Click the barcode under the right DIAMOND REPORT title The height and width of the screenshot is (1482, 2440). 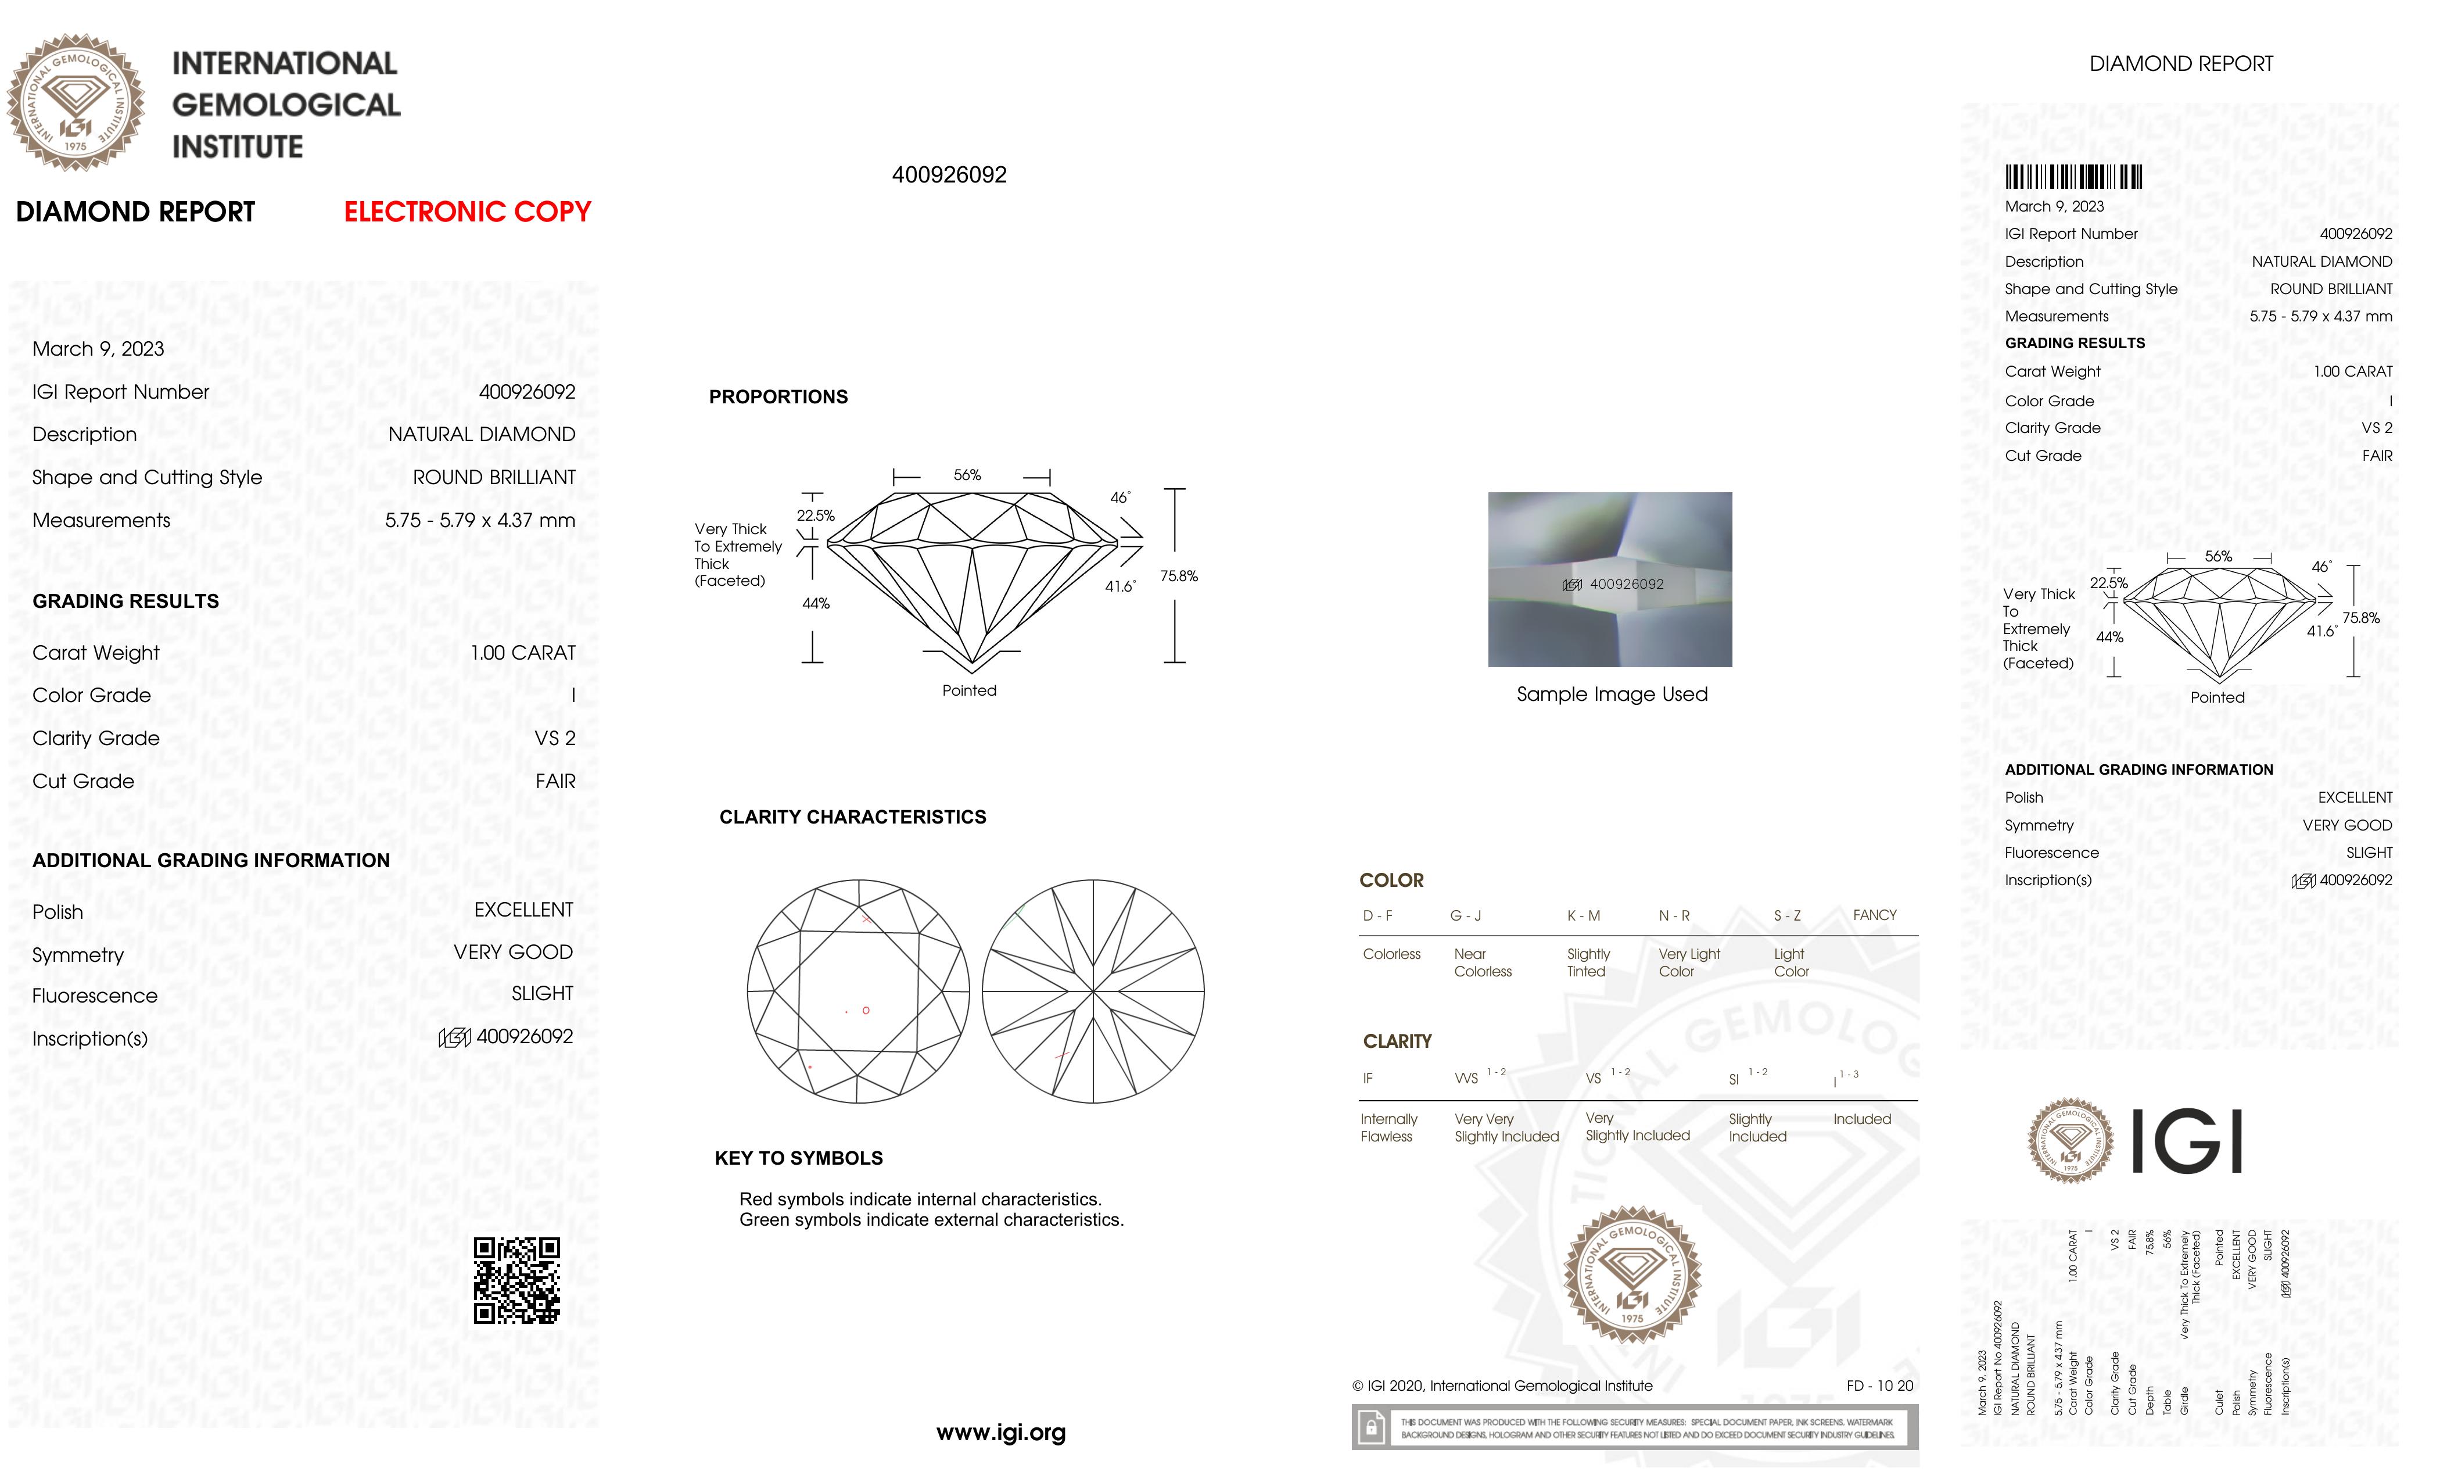2073,177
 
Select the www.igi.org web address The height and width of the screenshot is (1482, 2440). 1000,1433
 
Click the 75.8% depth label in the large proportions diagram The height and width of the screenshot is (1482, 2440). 1178,575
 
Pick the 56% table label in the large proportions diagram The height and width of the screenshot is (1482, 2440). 967,475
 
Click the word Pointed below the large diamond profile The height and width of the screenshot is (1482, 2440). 968,690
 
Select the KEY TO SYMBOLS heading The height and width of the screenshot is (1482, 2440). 798,1158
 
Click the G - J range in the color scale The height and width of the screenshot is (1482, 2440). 1466,915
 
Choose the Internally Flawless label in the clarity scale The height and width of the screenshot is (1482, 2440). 1388,1127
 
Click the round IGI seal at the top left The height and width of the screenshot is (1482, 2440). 76,102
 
